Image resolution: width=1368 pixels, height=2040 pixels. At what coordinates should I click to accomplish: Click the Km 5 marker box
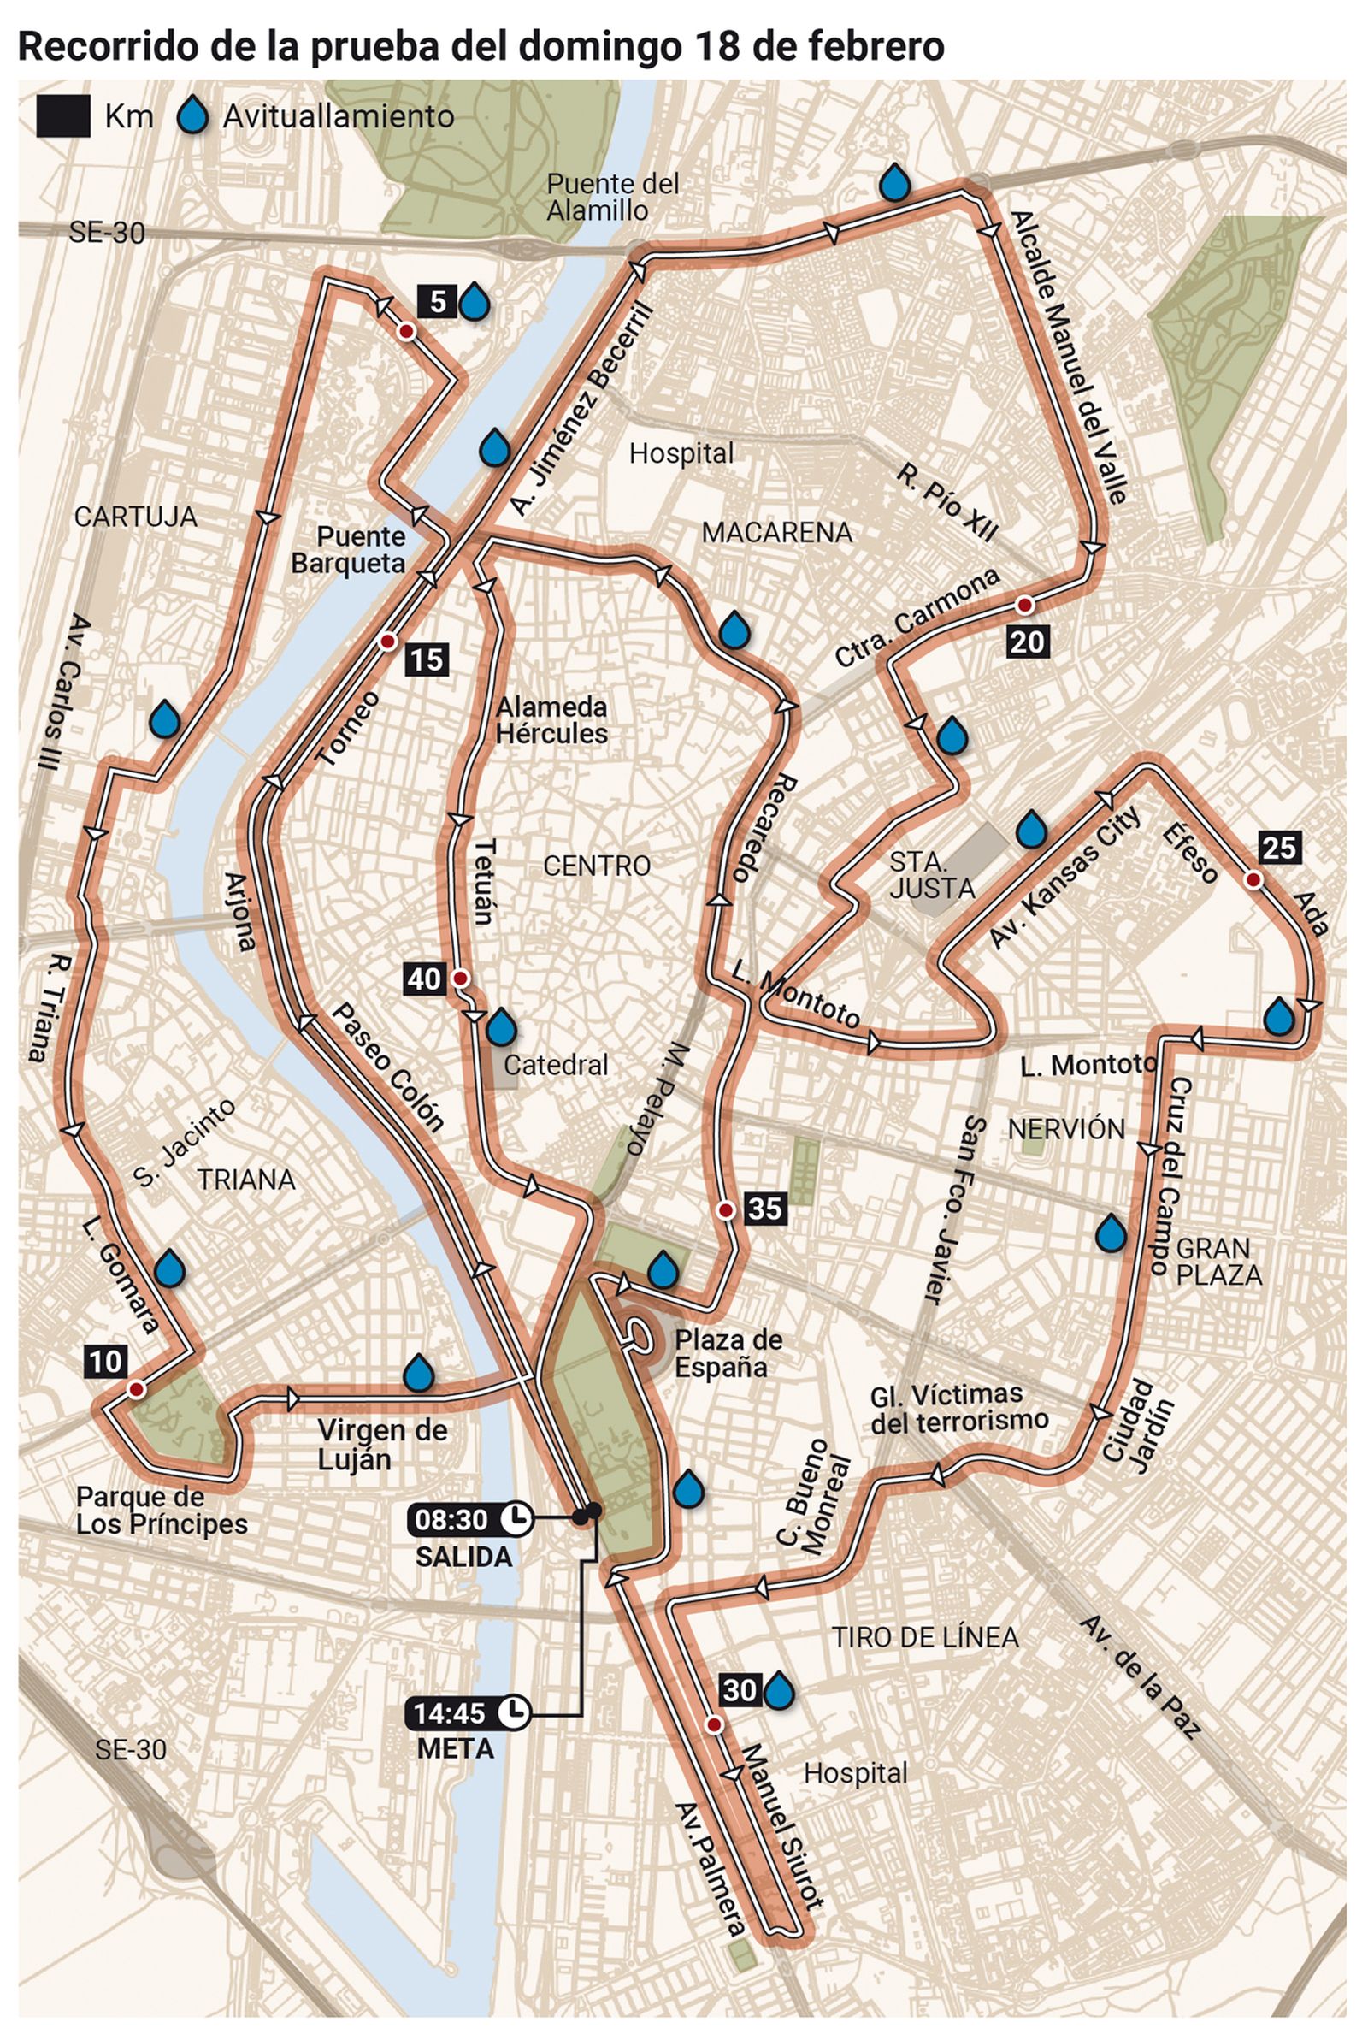pos(437,302)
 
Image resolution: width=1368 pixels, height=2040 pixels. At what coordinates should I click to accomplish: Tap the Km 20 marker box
pos(1027,642)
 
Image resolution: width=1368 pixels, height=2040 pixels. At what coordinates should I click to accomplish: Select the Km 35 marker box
pos(765,1209)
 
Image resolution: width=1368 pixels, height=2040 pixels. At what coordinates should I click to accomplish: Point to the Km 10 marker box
pos(106,1361)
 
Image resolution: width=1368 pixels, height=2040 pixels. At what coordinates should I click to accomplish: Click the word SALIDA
pos(463,1557)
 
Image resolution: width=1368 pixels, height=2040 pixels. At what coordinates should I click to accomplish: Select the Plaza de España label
pos(728,1353)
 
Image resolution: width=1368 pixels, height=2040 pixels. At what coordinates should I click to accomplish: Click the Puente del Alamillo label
pos(612,197)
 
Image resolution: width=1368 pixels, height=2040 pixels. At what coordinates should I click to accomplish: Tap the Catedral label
pos(556,1065)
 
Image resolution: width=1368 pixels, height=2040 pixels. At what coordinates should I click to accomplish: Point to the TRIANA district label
pos(246,1180)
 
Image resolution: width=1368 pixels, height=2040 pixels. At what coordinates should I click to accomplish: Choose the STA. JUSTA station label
pos(932,875)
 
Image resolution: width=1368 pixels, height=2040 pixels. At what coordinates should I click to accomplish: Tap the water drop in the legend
pos(193,116)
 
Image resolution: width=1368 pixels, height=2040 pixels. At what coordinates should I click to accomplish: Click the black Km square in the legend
pos(62,117)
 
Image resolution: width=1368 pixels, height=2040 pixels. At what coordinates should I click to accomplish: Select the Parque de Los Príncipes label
pos(162,1511)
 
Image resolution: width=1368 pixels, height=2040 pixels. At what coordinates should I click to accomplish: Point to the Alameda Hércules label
pos(551,720)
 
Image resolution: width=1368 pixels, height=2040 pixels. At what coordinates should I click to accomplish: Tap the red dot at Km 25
pos(1253,879)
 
